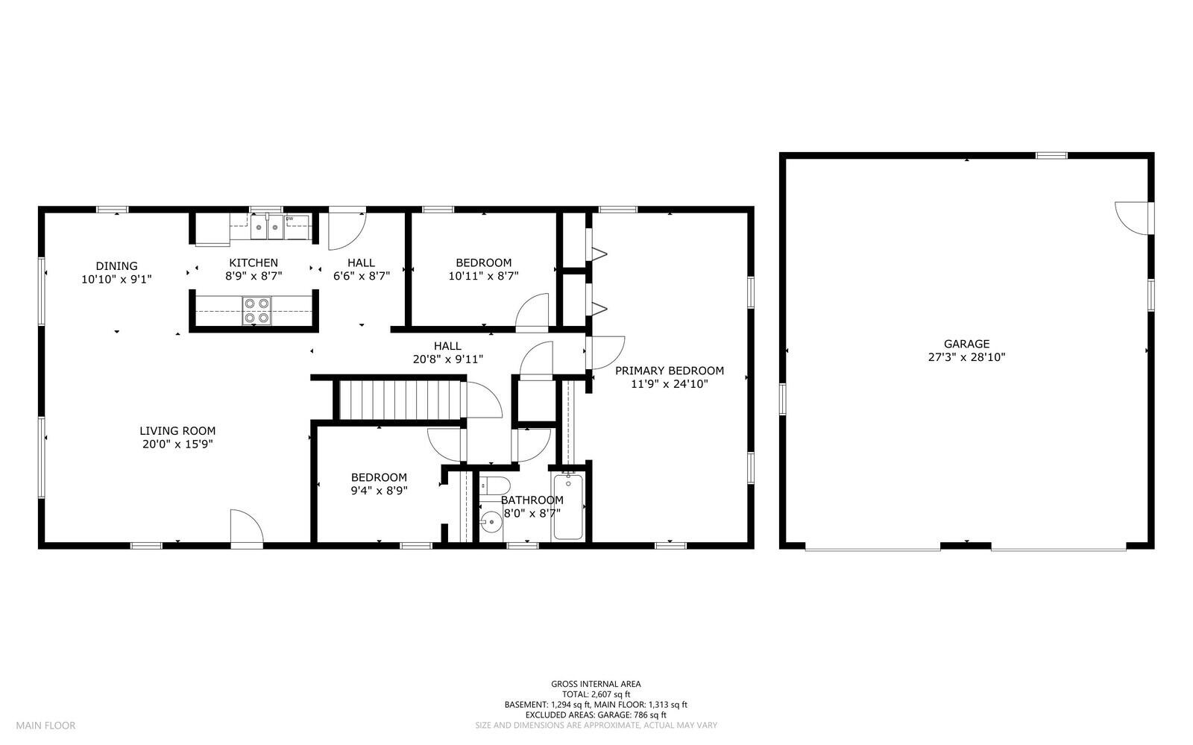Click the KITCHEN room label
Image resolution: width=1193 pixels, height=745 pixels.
pos(253,263)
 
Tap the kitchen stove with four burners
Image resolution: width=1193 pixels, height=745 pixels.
pos(256,310)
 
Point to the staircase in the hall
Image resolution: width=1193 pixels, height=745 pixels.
pos(399,400)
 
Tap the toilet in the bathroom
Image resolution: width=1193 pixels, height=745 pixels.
pos(493,486)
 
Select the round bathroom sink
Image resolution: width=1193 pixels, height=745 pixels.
pos(491,522)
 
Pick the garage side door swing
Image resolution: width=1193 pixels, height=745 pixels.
pos(1132,217)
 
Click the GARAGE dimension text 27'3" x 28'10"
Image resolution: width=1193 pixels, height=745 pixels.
pos(966,357)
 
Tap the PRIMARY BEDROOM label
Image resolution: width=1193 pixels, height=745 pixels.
pos(669,371)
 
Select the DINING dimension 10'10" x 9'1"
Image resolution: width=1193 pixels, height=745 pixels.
pos(116,279)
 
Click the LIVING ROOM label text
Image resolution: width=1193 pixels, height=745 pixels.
pos(177,430)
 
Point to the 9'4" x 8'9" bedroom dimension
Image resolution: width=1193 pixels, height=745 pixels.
pos(379,491)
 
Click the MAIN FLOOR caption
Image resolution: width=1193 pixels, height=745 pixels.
pos(45,725)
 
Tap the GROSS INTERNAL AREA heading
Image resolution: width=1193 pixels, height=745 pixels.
pos(596,683)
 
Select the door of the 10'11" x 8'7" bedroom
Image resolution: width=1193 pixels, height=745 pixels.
pos(532,312)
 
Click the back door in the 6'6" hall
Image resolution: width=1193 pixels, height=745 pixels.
pos(347,230)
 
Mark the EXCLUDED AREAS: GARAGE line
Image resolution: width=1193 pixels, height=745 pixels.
pos(596,714)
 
